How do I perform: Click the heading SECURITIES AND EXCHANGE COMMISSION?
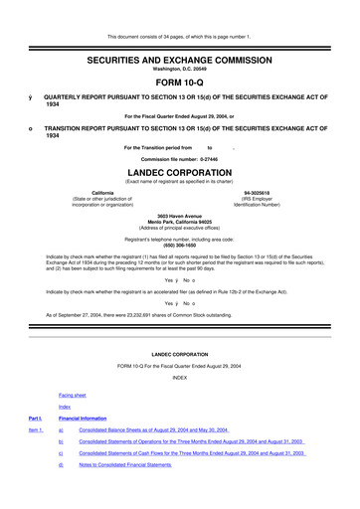coord(180,33)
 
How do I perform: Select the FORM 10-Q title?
coord(180,57)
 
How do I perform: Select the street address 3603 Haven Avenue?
coord(180,213)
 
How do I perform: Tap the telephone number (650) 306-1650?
coord(180,244)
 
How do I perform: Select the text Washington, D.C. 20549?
coord(180,43)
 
